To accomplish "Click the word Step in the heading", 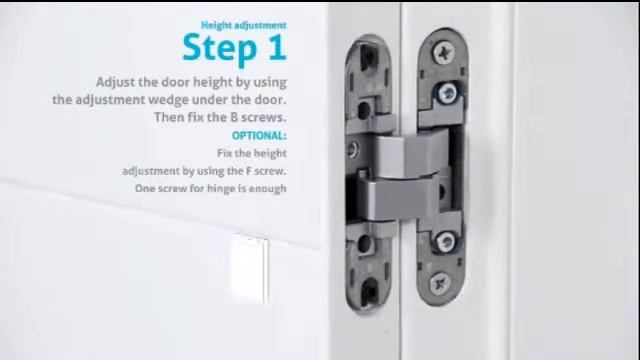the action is click(220, 49).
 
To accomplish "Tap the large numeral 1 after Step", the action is click(278, 46).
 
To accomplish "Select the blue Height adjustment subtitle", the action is click(244, 25).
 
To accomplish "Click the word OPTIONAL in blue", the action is click(259, 136).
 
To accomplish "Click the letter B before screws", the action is click(234, 117).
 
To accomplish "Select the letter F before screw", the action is click(248, 171).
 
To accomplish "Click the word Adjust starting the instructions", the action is click(116, 82).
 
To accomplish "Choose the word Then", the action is click(169, 117).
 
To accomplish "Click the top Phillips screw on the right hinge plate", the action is click(444, 53).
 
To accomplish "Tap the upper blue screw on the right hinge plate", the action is click(448, 93).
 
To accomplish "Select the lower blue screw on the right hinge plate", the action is click(445, 242).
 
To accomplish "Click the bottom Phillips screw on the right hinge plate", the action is click(440, 282).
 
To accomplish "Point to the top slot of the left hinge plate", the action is click(369, 57).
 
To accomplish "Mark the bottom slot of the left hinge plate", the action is click(370, 288).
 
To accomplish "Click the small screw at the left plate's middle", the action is click(352, 149).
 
